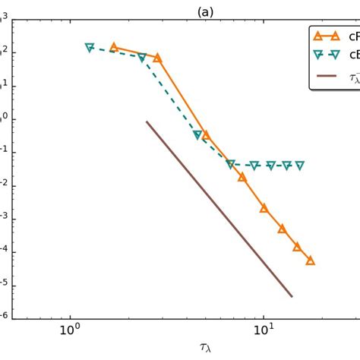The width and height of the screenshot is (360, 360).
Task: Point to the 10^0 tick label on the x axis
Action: pyautogui.click(x=70, y=331)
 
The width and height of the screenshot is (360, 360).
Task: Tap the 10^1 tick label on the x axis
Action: pyautogui.click(x=263, y=331)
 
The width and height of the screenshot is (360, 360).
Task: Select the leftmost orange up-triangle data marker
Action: pyautogui.click(x=114, y=47)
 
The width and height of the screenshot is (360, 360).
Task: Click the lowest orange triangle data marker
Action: pyautogui.click(x=310, y=261)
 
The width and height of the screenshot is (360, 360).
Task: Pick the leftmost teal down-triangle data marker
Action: pyautogui.click(x=90, y=48)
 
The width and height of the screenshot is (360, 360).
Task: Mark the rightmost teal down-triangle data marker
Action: pyautogui.click(x=300, y=165)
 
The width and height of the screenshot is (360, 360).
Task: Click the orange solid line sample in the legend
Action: pyautogui.click(x=327, y=36)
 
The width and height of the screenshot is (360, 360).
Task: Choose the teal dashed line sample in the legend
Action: pyautogui.click(x=327, y=54)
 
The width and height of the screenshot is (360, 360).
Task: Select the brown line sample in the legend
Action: pyautogui.click(x=327, y=75)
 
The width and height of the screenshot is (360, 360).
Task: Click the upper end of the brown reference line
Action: pyautogui.click(x=147, y=122)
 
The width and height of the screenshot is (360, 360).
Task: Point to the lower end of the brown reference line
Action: pyautogui.click(x=292, y=296)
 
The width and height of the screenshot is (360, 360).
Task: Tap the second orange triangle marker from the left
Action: pyautogui.click(x=157, y=58)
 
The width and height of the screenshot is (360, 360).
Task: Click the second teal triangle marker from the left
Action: pyautogui.click(x=142, y=58)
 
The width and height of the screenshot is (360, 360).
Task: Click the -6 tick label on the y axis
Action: pyautogui.click(x=4, y=316)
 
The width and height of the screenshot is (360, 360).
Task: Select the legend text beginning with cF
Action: pyautogui.click(x=354, y=36)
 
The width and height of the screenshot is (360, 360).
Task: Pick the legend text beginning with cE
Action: pyautogui.click(x=354, y=54)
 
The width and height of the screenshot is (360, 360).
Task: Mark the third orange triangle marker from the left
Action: pyautogui.click(x=205, y=134)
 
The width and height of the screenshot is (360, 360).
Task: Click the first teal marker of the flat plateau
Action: pyautogui.click(x=230, y=164)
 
